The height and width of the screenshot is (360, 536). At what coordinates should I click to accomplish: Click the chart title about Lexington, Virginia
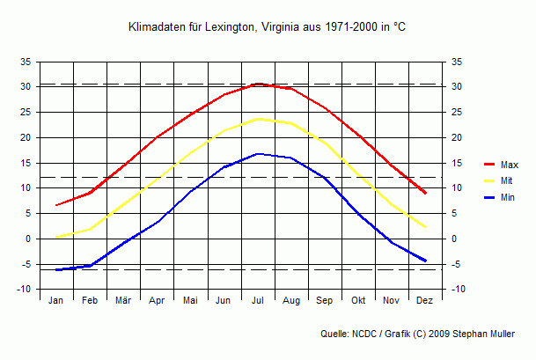pyautogui.click(x=268, y=27)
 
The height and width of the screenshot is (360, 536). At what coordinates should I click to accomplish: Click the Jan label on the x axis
pyautogui.click(x=56, y=301)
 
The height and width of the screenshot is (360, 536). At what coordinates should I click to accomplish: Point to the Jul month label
pyautogui.click(x=258, y=301)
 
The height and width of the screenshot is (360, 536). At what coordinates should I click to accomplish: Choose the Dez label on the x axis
pyautogui.click(x=425, y=301)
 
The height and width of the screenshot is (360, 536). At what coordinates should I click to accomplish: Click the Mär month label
pyautogui.click(x=123, y=301)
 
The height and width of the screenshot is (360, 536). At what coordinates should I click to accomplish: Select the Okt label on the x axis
pyautogui.click(x=358, y=301)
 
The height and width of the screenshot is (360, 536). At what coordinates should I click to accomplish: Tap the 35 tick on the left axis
pyautogui.click(x=26, y=62)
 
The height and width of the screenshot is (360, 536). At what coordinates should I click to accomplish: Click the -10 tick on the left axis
pyautogui.click(x=25, y=290)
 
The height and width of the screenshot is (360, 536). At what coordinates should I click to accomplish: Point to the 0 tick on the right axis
pyautogui.click(x=455, y=239)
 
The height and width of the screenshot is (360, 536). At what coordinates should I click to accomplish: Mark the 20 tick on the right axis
pyautogui.click(x=458, y=137)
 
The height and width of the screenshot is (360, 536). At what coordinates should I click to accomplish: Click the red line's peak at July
pyautogui.click(x=258, y=84)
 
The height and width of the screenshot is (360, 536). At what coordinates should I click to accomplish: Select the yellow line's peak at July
pyautogui.click(x=258, y=119)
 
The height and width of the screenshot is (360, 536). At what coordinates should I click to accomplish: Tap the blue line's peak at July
pyautogui.click(x=258, y=154)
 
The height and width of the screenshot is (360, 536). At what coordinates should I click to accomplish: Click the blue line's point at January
pyautogui.click(x=56, y=269)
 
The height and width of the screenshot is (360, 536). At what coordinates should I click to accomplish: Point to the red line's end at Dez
pyautogui.click(x=425, y=193)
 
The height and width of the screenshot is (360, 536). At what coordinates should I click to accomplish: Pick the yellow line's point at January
pyautogui.click(x=56, y=237)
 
